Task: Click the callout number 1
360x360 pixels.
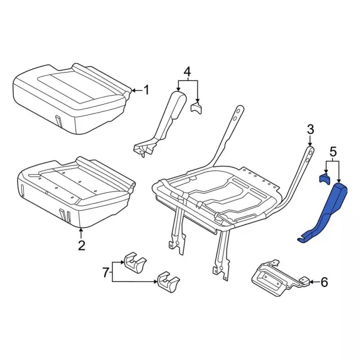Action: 146,90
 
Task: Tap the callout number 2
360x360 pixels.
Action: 82,245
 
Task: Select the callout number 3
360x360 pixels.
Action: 310,130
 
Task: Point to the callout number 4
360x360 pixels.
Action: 187,72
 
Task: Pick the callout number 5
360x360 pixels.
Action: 333,152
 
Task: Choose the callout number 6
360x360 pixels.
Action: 324,282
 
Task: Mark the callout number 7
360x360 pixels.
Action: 105,272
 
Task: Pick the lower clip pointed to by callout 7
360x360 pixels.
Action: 168,282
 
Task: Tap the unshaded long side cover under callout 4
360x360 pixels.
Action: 161,124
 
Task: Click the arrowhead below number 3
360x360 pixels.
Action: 310,144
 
